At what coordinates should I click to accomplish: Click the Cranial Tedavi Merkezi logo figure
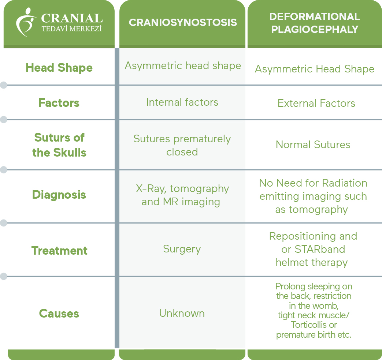tap(26, 22)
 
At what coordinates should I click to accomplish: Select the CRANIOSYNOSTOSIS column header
tap(183, 22)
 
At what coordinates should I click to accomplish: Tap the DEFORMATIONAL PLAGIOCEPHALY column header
tap(315, 23)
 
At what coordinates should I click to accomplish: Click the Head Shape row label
tap(59, 68)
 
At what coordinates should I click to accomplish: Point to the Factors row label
tap(59, 103)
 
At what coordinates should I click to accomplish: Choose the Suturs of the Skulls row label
tap(59, 145)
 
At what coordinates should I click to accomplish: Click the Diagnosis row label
tap(59, 195)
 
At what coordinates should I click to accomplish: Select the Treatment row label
tap(59, 251)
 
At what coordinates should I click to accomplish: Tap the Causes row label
tap(59, 314)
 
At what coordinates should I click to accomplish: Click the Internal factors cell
tap(182, 102)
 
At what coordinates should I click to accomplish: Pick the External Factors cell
tap(316, 103)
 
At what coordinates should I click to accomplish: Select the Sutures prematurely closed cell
tap(182, 145)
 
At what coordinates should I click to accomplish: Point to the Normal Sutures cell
tap(313, 145)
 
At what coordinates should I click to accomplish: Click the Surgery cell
tap(182, 249)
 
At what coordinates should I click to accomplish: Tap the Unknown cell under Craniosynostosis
tap(182, 313)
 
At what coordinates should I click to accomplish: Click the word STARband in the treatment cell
tap(320, 249)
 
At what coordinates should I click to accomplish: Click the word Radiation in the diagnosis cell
tap(345, 183)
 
